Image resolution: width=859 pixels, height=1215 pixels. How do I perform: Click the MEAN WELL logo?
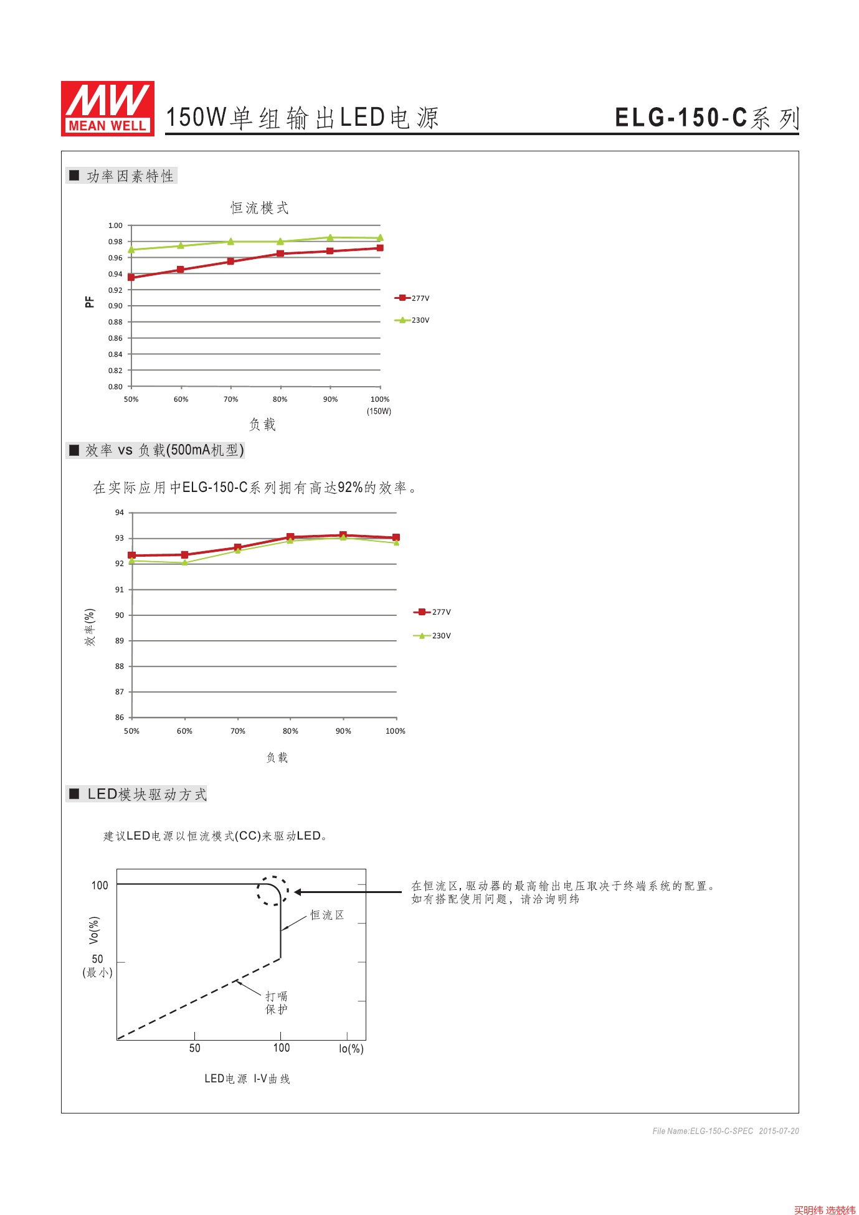pos(107,108)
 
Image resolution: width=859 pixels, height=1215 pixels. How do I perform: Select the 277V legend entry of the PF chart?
pos(412,298)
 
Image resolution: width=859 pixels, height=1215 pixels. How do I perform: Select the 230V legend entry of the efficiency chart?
pos(432,636)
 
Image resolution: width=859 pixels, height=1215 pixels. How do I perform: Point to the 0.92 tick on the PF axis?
pos(115,290)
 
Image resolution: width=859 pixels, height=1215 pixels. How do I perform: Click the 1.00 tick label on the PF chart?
pos(115,225)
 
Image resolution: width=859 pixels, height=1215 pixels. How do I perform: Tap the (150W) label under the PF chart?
pos(379,411)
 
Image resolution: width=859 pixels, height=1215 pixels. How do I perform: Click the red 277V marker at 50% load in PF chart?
pos(131,277)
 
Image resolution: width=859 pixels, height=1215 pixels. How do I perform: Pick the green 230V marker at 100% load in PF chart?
pos(380,238)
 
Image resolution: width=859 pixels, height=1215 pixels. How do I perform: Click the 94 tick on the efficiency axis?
pos(120,513)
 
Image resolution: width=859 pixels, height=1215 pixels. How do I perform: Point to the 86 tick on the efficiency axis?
pos(120,717)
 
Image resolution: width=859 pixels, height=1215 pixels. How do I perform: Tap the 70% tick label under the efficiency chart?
pos(238,731)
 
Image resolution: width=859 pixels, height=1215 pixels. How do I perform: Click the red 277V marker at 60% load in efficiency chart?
pos(184,554)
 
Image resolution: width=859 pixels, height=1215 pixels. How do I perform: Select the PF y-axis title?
pos(90,302)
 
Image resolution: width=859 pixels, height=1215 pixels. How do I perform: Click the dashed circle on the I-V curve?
pos(273,891)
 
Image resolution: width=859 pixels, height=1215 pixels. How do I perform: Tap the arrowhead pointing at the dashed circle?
pos(298,892)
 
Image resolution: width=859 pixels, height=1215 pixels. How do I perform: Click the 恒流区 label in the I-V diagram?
pos(327,915)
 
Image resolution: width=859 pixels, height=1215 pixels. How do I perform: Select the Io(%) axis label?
pos(351,1049)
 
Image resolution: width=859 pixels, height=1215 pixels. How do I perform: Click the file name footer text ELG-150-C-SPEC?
pos(703,1131)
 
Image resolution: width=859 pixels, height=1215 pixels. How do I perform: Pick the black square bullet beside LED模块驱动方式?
pos(74,793)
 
